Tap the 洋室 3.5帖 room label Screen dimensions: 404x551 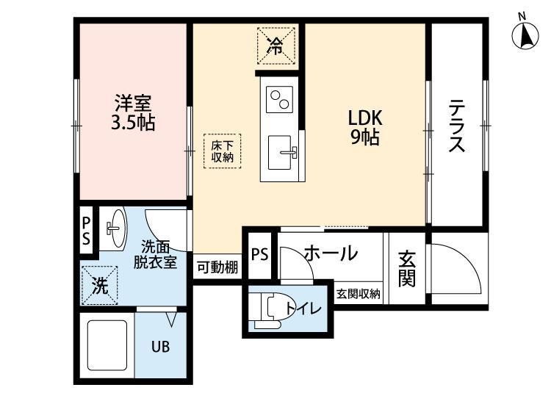click(133, 112)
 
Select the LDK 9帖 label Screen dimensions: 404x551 click(365, 126)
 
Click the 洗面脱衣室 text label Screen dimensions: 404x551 click(154, 254)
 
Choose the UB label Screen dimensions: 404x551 click(161, 347)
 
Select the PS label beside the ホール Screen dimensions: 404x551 click(259, 255)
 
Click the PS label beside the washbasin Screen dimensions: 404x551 click(87, 230)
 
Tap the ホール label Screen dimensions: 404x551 click(330, 253)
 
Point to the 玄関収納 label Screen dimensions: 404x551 click(359, 294)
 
